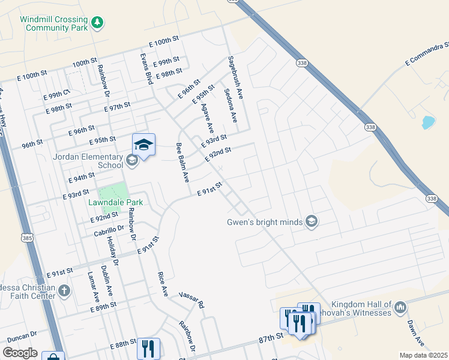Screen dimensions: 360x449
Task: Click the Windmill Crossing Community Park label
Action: tap(54, 23)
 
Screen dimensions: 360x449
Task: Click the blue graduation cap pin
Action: tap(143, 145)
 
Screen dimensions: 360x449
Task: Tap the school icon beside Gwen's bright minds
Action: tap(311, 222)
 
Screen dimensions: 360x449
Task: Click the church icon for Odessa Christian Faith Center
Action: tap(64, 291)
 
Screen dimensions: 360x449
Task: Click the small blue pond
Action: tap(428, 122)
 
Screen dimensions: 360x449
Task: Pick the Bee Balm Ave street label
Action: tap(182, 163)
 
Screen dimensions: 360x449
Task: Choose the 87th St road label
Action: tap(271, 339)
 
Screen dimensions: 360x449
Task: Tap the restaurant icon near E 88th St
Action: tap(148, 347)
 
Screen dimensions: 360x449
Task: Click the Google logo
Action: tap(20, 353)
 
